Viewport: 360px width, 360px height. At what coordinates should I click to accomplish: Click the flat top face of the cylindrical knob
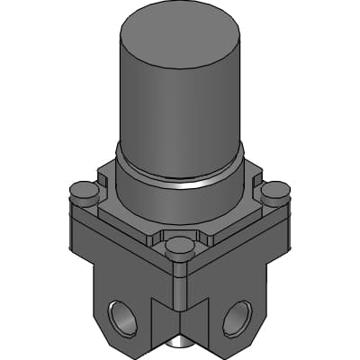(181, 36)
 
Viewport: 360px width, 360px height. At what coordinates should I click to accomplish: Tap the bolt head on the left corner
(84, 190)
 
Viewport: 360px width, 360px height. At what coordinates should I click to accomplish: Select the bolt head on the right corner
(274, 191)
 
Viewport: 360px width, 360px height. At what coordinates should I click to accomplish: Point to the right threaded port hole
(238, 316)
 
